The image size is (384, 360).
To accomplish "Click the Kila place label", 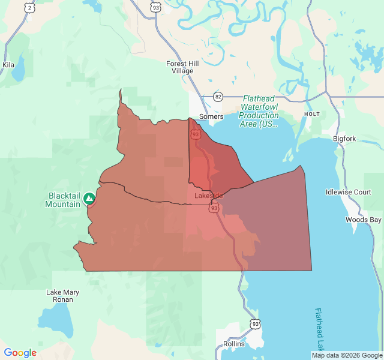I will (x=8, y=65).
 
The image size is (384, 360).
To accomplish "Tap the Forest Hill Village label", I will (x=180, y=67).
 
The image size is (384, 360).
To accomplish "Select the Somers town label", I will (x=211, y=116).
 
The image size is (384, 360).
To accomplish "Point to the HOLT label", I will (x=311, y=113).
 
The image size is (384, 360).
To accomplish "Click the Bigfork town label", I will (x=344, y=139).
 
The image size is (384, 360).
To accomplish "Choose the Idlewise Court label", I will (x=348, y=192).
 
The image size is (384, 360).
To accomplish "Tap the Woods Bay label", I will (x=363, y=220).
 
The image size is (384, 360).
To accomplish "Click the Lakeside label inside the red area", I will (x=209, y=196).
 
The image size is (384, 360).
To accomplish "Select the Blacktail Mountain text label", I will (x=63, y=200).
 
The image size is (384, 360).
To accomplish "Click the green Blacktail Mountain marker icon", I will (x=89, y=197).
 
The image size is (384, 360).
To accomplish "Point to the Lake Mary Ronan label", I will (x=63, y=296).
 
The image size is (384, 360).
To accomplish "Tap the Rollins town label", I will (x=233, y=344).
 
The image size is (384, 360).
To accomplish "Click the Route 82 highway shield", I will (x=218, y=97).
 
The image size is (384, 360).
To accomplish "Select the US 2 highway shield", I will (x=29, y=7).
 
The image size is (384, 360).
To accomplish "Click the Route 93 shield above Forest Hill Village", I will (x=155, y=7).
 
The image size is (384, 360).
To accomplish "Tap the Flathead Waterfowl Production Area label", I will (x=259, y=111).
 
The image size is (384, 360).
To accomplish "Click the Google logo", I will (x=20, y=353).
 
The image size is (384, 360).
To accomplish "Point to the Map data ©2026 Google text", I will (x=347, y=355).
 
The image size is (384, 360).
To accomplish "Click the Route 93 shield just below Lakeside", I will (x=214, y=208).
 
